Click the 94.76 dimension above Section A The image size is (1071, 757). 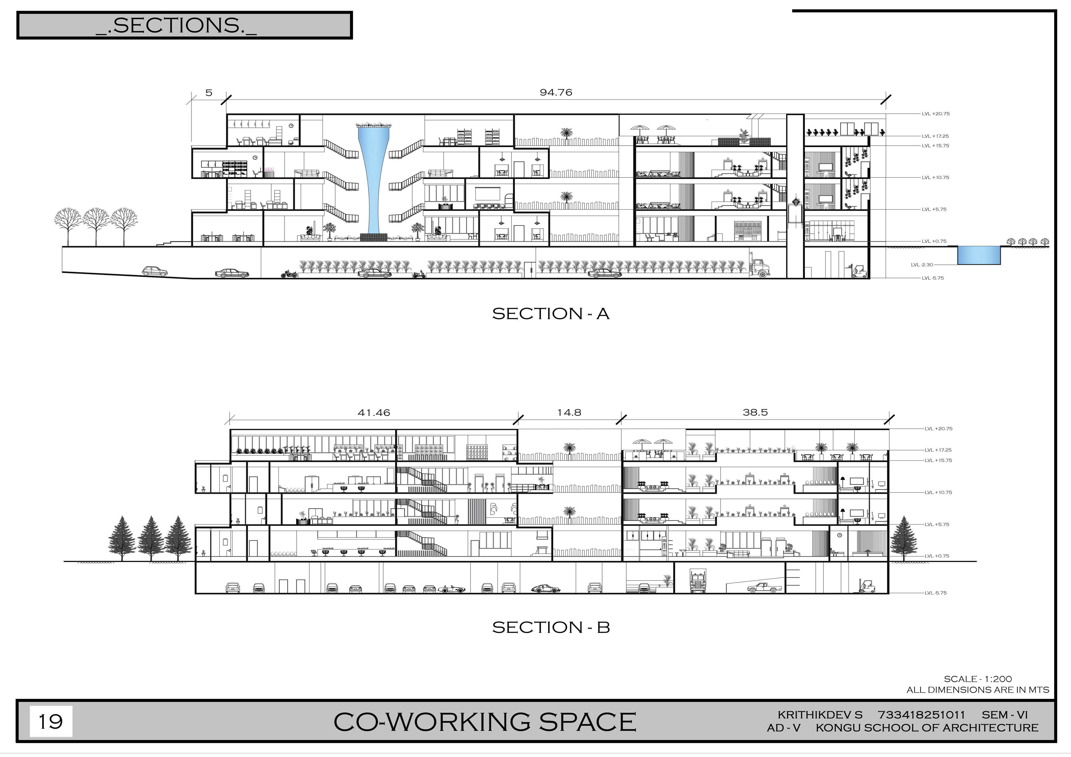(x=556, y=92)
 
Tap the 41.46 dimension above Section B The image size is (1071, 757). (x=374, y=413)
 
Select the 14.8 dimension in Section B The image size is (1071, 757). (x=569, y=413)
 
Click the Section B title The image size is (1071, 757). (x=551, y=627)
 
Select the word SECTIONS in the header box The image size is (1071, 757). (x=176, y=25)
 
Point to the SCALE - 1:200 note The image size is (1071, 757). (x=978, y=679)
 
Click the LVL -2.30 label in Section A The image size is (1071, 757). (x=922, y=265)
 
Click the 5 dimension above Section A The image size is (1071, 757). (x=209, y=92)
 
